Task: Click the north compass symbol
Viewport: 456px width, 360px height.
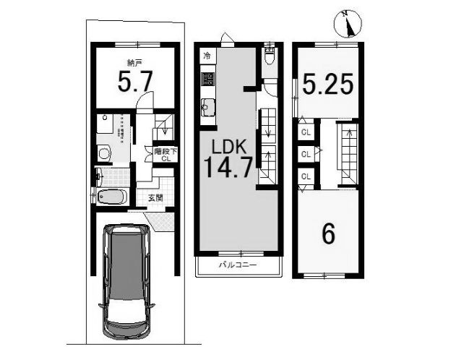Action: coord(348,24)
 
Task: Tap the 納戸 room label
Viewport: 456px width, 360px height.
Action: coord(134,62)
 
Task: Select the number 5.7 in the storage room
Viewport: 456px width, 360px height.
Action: coord(135,82)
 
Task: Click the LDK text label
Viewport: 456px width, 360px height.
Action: coord(230,147)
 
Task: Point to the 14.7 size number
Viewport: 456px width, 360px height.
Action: coord(228,167)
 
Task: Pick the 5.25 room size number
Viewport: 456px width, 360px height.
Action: coord(328,83)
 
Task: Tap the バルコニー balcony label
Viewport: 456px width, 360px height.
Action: coord(238,265)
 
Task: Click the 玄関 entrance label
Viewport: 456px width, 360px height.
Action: coord(155,198)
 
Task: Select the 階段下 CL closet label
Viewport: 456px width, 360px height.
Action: coord(165,155)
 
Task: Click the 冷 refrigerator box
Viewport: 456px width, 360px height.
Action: coord(207,55)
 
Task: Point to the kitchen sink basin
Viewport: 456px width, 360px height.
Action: coord(207,107)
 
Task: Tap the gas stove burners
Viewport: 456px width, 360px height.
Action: coord(207,79)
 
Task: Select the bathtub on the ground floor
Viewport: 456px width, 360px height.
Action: coord(112,197)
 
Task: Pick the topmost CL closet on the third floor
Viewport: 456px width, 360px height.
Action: coord(306,132)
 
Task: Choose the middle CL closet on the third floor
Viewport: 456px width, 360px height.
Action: coord(306,154)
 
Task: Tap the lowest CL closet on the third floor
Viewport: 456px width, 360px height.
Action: coord(306,176)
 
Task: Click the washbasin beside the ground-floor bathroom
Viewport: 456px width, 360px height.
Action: coord(103,153)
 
